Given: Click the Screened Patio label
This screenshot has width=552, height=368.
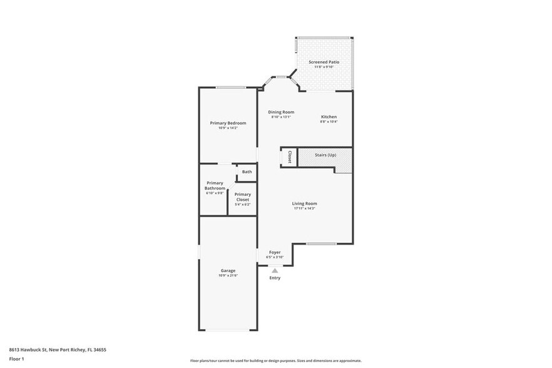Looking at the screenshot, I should coord(324,63).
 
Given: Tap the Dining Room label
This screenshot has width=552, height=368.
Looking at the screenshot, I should coord(281,112).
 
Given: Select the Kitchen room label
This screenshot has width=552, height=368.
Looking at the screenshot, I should coord(329,117).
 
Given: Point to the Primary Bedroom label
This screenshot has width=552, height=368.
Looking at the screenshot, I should coord(228,123).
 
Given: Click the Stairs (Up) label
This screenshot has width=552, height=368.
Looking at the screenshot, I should coord(325,155).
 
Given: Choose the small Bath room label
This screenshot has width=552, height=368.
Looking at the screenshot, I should coord(247,172).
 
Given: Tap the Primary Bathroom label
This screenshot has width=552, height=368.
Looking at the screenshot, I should coord(215,186).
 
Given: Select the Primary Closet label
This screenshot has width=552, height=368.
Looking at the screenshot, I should coord(243,197).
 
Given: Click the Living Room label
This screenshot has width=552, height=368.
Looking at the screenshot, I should coord(304,203).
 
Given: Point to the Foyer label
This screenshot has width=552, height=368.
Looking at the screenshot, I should coord(275,252).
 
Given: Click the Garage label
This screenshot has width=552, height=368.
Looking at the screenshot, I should coord(228,270).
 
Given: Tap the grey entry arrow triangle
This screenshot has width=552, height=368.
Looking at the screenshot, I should coord(274,270).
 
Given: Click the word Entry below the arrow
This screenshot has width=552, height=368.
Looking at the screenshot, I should coord(275,278).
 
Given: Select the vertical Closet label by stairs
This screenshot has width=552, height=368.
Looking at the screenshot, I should coord(290,157).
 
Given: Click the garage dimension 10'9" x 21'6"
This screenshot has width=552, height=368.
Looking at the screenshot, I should coord(228,275).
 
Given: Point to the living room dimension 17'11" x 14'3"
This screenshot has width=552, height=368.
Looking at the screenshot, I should coord(304,208).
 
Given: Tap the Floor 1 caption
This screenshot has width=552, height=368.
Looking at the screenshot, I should coord(16,359).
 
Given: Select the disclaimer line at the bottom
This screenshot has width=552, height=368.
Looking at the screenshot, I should coord(275,361).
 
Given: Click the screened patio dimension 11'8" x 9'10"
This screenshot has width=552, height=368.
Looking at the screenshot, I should coord(324,68).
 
